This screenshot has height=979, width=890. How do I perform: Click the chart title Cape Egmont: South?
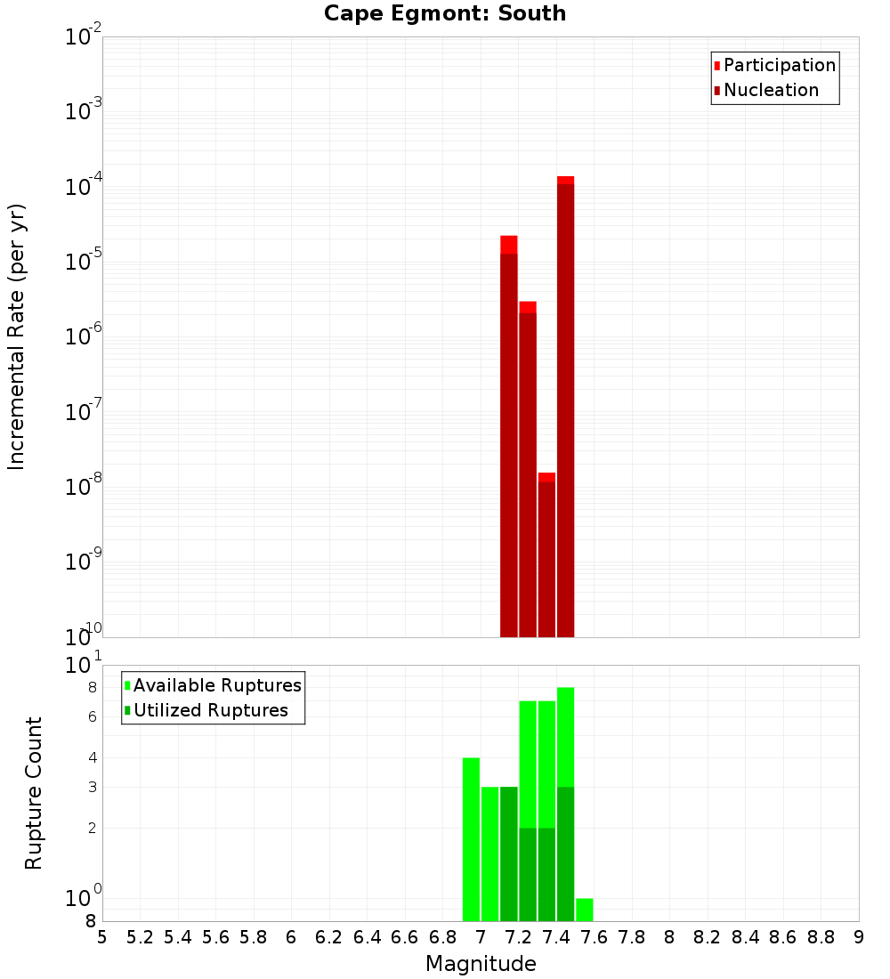445,13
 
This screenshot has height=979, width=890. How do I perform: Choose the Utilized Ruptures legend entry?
210,710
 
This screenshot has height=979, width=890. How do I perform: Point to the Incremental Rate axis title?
17,336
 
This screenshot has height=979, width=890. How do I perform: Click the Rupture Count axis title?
34,793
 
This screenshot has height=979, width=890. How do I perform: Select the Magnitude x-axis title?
481,964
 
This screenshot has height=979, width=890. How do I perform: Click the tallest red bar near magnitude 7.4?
565,400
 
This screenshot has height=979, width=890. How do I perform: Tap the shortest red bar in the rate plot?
546,552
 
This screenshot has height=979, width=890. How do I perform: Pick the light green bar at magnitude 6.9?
471,837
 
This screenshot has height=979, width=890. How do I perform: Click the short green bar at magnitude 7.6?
584,910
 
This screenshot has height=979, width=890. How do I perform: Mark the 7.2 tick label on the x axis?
518,937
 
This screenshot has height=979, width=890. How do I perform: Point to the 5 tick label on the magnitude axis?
102,937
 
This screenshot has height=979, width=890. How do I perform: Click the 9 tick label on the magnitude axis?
859,937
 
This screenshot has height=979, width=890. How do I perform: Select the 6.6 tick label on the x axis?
405,937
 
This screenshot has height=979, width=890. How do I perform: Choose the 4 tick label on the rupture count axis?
92,757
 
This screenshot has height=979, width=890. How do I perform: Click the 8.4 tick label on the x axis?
745,937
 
